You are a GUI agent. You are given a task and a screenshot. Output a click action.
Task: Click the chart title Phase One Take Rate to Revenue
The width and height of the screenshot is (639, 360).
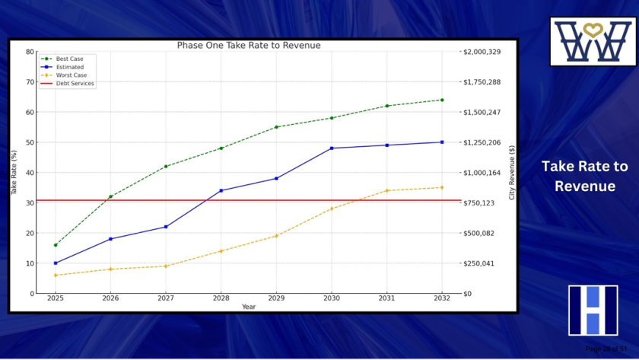click(249, 46)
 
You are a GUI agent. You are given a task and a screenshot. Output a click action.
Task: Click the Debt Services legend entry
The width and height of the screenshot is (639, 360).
click(75, 84)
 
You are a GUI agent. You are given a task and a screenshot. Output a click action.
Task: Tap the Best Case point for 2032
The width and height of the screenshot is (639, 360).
click(442, 100)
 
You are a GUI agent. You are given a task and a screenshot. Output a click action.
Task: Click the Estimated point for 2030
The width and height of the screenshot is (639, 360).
click(332, 148)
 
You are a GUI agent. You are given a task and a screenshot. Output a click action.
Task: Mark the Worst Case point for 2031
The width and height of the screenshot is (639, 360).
click(386, 190)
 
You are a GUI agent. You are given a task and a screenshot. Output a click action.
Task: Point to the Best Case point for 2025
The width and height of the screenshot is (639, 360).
click(56, 245)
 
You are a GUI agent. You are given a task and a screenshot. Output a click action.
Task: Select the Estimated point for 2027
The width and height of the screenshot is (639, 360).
click(166, 227)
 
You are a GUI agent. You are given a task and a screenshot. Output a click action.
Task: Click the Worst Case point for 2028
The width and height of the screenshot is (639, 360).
click(221, 251)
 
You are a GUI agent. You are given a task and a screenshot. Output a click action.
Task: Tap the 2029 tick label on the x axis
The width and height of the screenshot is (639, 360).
click(276, 299)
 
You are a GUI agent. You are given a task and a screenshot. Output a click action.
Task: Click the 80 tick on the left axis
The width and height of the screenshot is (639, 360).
click(30, 52)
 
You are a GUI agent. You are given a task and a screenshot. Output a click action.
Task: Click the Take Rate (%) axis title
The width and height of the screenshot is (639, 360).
click(14, 173)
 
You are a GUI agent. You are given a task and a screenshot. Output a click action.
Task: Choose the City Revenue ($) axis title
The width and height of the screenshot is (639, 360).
click(512, 173)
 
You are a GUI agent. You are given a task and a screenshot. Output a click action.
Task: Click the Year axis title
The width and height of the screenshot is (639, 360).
click(249, 307)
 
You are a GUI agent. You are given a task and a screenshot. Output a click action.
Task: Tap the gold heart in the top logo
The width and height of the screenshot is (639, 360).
click(593, 30)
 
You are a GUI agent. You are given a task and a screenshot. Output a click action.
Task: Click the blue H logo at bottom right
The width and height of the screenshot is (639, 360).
click(593, 311)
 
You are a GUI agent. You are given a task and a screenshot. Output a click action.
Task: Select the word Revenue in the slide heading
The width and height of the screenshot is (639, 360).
click(584, 186)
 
